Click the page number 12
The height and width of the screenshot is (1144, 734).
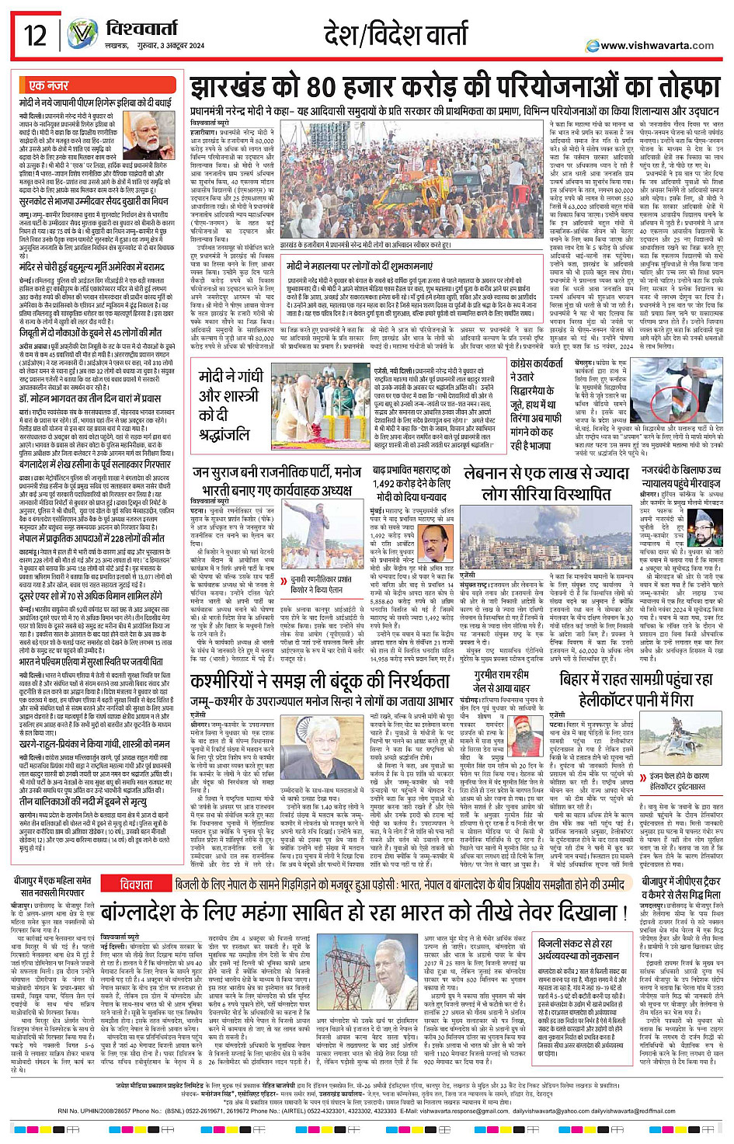(x=36, y=36)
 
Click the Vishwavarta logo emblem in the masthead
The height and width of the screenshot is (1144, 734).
(x=82, y=33)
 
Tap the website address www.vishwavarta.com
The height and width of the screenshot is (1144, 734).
(x=656, y=45)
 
